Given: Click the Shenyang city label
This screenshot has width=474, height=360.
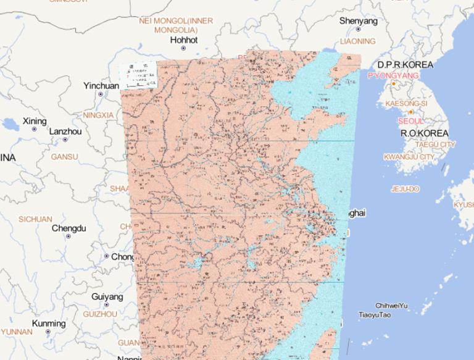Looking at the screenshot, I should coord(358,21).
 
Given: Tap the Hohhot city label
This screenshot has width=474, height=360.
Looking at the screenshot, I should coord(184,40).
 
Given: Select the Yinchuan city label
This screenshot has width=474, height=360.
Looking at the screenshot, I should coord(101,86).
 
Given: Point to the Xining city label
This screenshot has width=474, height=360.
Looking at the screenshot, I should coord(34,121).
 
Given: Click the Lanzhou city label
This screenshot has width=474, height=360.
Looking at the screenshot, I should coord(65,132).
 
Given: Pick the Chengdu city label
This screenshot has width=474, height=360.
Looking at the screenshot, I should coord(69,228).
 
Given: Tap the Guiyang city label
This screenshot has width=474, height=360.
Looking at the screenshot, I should coord(107,296).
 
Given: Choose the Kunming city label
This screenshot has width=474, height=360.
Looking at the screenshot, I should coord(48,324).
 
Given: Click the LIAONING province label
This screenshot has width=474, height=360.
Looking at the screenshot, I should coord(358,41).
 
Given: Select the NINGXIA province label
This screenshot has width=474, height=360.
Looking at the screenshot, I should coord(98,115).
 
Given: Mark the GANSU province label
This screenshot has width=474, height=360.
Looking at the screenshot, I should coord(64,157).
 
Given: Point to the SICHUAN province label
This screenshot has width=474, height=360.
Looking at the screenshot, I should coord(35,219).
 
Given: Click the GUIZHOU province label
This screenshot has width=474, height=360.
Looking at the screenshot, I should coord(99,314).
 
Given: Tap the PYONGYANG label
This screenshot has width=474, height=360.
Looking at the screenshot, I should coord(393,75).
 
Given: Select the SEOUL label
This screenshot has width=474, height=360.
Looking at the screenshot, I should coord(410,121).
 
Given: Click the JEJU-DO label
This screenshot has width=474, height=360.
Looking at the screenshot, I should coord(405,188).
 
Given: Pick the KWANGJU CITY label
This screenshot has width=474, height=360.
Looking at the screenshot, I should coord(409,157).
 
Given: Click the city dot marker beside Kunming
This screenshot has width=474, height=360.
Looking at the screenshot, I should coord(48,332).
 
